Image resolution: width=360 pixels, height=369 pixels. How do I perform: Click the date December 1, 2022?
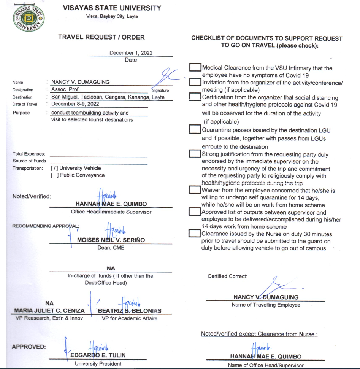[x=131, y=53]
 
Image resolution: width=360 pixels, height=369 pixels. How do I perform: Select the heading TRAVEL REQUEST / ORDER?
[x=101, y=37]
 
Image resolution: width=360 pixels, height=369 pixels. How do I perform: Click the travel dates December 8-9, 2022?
[x=75, y=104]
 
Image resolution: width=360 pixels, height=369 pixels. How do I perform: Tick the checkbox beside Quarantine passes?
[x=195, y=129]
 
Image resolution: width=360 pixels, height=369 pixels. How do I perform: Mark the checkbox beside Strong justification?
[x=195, y=154]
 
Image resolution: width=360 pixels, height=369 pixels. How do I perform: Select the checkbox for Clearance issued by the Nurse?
[x=195, y=233]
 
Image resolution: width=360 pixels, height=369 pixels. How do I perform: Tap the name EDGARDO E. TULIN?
[x=98, y=355]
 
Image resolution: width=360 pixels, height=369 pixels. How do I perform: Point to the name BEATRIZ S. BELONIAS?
[x=130, y=311]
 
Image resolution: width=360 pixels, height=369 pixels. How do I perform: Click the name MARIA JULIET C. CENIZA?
[x=49, y=311]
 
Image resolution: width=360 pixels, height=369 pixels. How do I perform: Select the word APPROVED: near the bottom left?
[x=29, y=347]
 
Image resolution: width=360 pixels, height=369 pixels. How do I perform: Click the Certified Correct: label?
[x=227, y=276]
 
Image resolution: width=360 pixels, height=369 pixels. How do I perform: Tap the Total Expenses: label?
[x=29, y=154]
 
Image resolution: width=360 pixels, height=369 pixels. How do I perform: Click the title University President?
[x=98, y=364]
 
